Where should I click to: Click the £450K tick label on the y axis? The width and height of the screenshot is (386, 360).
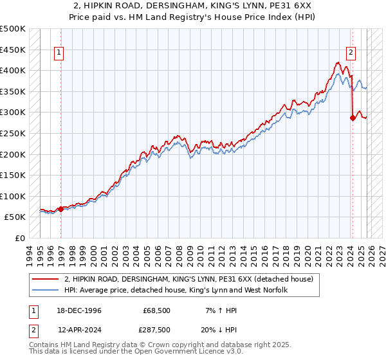13,50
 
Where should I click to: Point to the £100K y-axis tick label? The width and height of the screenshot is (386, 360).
13,196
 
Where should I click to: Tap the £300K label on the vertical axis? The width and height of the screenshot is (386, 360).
13,113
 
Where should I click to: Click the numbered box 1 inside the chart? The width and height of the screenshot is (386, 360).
59,53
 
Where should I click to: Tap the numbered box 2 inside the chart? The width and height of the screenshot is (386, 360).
351,53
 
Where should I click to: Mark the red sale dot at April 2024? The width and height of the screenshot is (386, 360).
353,118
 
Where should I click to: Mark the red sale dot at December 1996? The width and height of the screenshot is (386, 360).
61,209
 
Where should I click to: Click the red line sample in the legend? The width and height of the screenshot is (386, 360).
46,279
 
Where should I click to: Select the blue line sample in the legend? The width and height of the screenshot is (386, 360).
46,290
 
